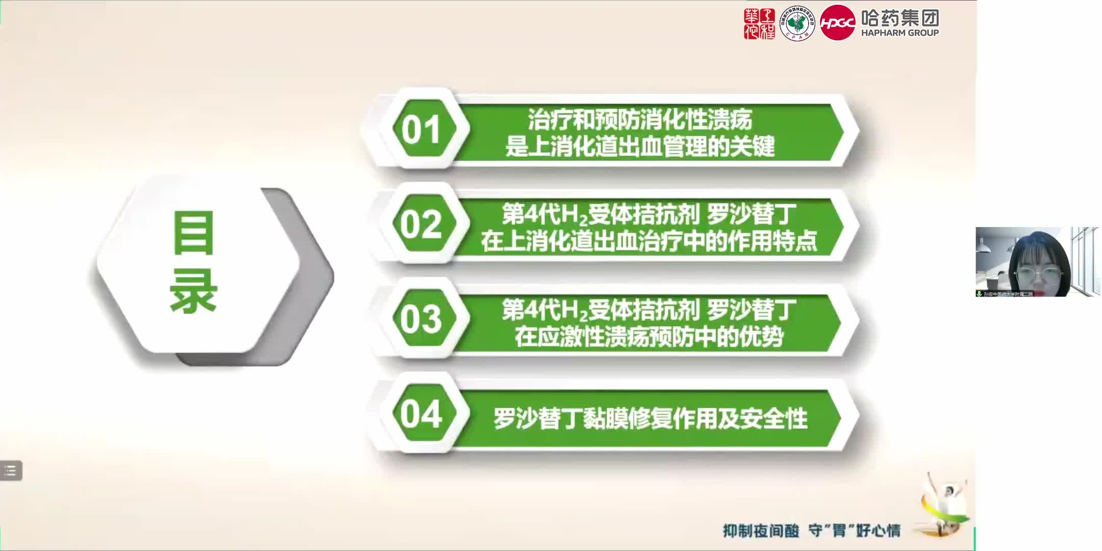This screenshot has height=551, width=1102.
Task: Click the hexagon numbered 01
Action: click(421, 130)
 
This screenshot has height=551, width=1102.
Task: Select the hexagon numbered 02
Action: click(421, 224)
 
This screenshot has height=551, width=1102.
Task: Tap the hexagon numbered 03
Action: click(421, 319)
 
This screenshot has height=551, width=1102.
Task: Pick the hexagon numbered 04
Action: click(421, 414)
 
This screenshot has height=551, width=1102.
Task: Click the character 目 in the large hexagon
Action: click(193, 233)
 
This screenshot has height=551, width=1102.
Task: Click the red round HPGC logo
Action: click(837, 23)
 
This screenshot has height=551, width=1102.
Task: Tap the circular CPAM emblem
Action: click(797, 23)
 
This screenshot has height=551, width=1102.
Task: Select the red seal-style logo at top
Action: click(759, 23)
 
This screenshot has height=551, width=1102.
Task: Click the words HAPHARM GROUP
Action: click(900, 33)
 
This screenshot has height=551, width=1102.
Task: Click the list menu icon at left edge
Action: click(11, 470)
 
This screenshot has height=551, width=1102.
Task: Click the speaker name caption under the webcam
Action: click(1008, 294)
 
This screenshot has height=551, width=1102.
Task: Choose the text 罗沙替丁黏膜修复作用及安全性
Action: click(650, 419)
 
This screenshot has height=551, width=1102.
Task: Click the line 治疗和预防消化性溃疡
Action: click(640, 119)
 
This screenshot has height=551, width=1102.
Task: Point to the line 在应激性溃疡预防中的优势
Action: click(648, 337)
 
